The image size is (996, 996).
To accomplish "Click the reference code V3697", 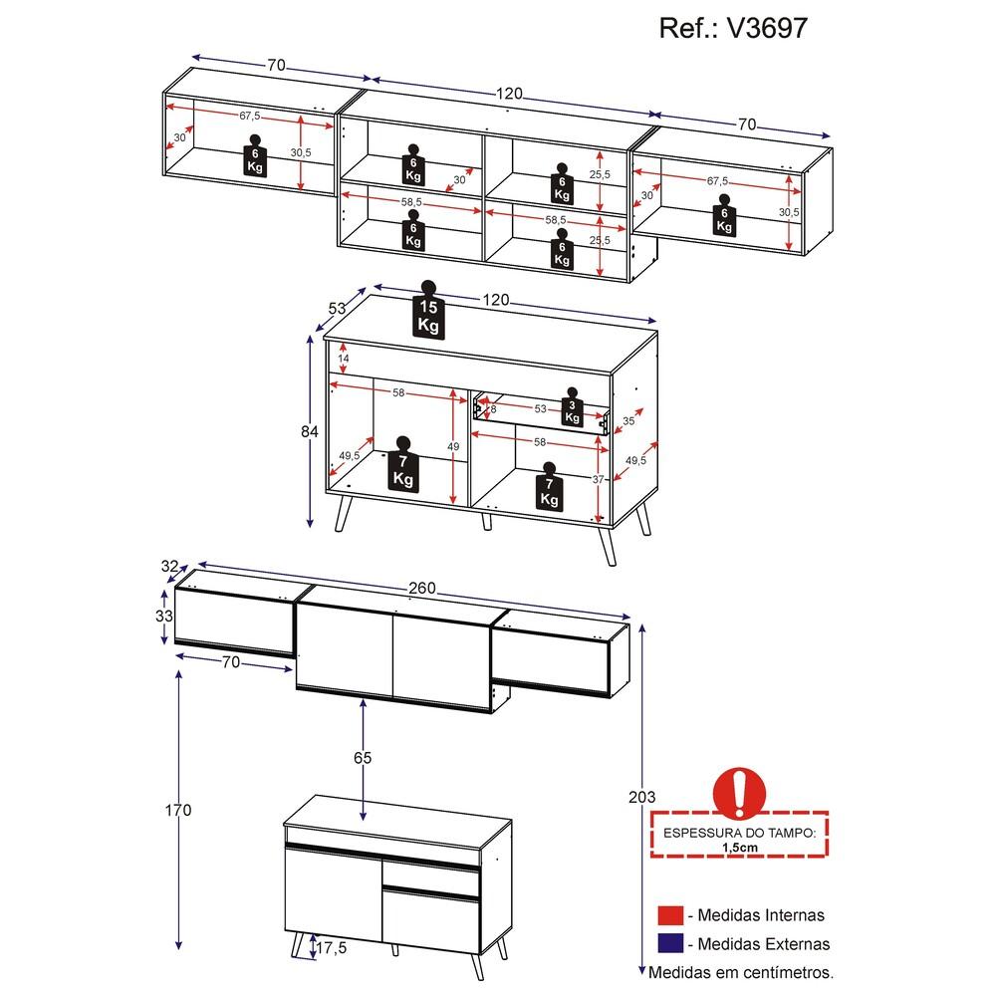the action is pyautogui.click(x=767, y=29).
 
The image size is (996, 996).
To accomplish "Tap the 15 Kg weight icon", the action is pyautogui.click(x=428, y=310).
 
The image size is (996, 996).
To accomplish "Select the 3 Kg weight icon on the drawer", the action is pyautogui.click(x=573, y=406).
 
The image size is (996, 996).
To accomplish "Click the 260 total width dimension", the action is pyautogui.click(x=421, y=589).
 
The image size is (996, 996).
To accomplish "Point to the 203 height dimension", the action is pyautogui.click(x=641, y=797).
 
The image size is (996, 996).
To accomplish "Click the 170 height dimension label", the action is pyautogui.click(x=178, y=810).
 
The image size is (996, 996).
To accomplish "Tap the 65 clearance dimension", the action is pyautogui.click(x=363, y=757).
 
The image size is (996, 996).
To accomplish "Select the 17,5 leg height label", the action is pyautogui.click(x=332, y=948).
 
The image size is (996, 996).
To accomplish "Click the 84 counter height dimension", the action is pyautogui.click(x=310, y=431).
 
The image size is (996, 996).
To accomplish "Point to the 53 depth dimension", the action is pyautogui.click(x=337, y=308).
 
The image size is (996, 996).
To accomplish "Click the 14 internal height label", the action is pyautogui.click(x=343, y=359).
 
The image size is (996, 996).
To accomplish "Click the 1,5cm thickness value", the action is pyautogui.click(x=740, y=848).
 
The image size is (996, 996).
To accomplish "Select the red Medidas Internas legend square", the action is pyautogui.click(x=670, y=915).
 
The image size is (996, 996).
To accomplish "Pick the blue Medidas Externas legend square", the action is pyautogui.click(x=670, y=943).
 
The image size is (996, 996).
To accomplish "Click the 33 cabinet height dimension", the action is pyautogui.click(x=164, y=616).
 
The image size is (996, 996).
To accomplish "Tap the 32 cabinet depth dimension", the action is pyautogui.click(x=169, y=566).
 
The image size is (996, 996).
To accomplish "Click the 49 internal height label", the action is pyautogui.click(x=453, y=446).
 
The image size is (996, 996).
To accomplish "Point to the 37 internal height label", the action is pyautogui.click(x=598, y=479).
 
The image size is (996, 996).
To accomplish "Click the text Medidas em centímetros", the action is pyautogui.click(x=741, y=972).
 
